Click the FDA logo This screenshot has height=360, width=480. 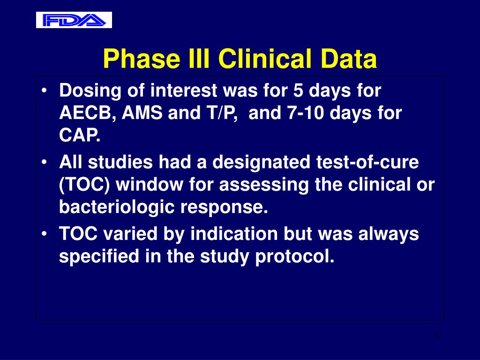(x=74, y=20)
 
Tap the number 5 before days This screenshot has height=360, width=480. (x=298, y=90)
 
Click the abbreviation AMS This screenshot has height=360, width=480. (x=142, y=112)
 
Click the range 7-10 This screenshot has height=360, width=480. (x=305, y=112)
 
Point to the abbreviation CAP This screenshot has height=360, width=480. (x=80, y=135)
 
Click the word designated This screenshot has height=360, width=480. (x=261, y=163)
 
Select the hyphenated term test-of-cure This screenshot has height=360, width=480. (x=367, y=162)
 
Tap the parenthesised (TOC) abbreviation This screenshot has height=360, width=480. (x=84, y=185)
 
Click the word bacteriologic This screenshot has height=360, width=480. (x=117, y=207)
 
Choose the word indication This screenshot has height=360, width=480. (x=234, y=233)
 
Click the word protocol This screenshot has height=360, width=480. (x=294, y=256)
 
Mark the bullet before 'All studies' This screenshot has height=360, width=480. (x=45, y=162)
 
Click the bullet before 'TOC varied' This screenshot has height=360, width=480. (x=45, y=233)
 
